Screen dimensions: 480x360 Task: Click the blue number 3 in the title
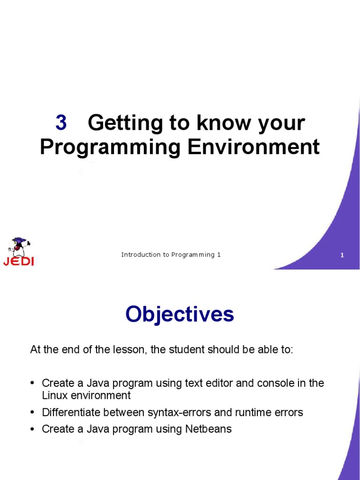(x=61, y=123)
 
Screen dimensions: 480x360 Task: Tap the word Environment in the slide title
(x=254, y=147)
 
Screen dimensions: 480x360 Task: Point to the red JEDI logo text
(x=18, y=262)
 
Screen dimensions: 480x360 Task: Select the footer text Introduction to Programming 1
(x=171, y=255)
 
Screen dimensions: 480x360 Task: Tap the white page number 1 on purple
(x=342, y=255)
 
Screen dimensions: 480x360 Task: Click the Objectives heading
(x=180, y=314)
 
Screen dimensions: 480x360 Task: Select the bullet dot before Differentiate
(x=33, y=412)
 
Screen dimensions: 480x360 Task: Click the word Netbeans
(x=210, y=429)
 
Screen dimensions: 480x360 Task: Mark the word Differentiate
(x=68, y=412)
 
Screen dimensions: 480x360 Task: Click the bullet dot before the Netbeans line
(x=33, y=429)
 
